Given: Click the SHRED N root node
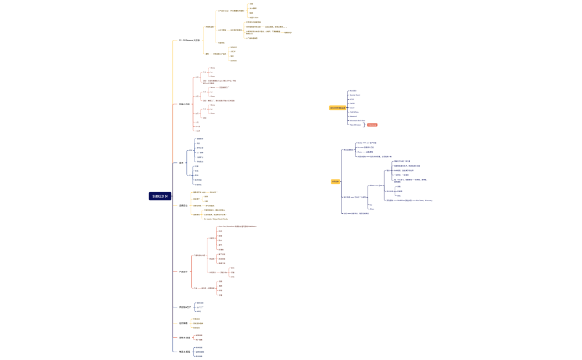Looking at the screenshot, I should click(x=160, y=196).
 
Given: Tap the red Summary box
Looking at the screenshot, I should click(x=372, y=125).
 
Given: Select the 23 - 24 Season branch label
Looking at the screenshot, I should click(x=189, y=40).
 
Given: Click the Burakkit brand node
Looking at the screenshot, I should click(x=353, y=91).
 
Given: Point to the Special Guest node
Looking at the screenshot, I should click(x=355, y=95).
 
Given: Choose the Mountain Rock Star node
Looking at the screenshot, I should click(x=357, y=120).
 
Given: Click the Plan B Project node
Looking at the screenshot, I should click(x=355, y=125).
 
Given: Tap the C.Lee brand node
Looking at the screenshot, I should click(x=352, y=107).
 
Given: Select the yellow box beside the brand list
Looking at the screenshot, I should click(x=337, y=108).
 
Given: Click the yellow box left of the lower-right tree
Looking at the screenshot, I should click(x=335, y=182).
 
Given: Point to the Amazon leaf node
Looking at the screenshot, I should click(x=233, y=47).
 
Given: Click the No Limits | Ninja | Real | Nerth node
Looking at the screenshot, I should click(x=216, y=219).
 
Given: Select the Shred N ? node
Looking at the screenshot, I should click(x=213, y=192).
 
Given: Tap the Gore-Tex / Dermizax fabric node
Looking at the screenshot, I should click(x=237, y=227).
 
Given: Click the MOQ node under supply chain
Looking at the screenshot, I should click(x=199, y=311).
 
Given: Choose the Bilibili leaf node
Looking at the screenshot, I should click(x=233, y=60).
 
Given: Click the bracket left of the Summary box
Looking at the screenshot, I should click(x=364, y=125).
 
